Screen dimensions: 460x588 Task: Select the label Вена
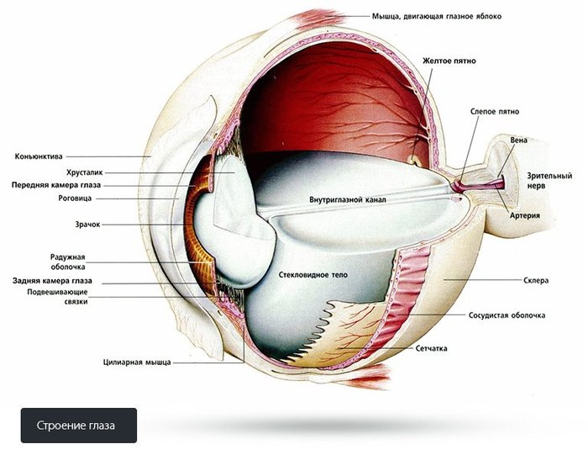(519, 140)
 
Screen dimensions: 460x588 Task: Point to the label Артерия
(524, 215)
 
